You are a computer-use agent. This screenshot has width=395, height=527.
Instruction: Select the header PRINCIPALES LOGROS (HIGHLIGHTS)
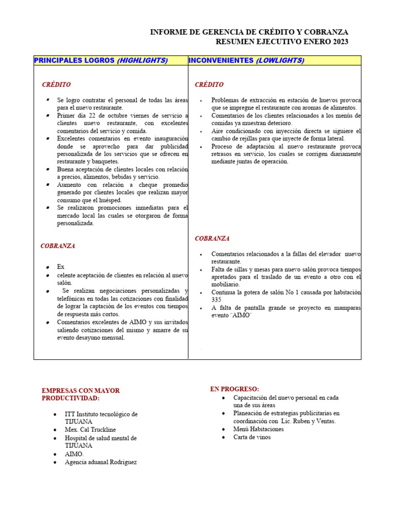(101, 60)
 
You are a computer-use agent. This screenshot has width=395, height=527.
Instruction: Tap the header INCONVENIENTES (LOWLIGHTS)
(246, 60)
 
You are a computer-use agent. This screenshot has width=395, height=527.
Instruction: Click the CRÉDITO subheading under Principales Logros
(57, 84)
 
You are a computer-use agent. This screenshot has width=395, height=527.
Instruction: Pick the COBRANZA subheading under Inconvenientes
(212, 238)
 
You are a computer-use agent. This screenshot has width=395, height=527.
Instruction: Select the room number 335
(217, 300)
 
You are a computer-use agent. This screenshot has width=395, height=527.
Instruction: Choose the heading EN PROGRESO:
(235, 389)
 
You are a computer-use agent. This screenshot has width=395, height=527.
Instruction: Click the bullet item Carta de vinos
(252, 437)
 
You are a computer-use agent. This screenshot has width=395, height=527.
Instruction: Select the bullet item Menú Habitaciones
(258, 429)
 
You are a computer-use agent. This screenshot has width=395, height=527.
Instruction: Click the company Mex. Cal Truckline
(90, 430)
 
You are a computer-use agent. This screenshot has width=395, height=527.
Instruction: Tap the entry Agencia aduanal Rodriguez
(101, 462)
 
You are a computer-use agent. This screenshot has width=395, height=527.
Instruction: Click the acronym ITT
(70, 414)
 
